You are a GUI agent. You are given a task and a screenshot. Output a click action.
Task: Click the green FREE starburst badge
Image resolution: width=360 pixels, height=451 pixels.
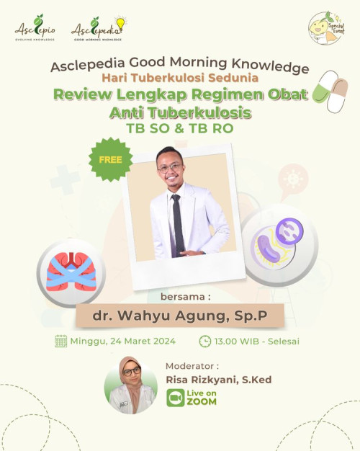pos(111,159)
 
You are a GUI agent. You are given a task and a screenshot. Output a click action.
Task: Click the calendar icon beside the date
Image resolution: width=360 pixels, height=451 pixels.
pos(61,341)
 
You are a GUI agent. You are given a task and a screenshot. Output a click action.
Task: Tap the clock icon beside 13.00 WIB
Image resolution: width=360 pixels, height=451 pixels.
pos(205,341)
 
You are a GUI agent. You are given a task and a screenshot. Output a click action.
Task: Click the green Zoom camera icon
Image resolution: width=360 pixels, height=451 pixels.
pos(175,398)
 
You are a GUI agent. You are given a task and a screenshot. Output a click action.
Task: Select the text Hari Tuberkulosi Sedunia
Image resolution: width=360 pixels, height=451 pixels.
pos(179,78)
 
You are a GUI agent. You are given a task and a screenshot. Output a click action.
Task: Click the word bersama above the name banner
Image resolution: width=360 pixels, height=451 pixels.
pos(179,295)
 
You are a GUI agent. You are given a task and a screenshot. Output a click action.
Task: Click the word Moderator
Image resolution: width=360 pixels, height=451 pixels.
pos(192,365)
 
